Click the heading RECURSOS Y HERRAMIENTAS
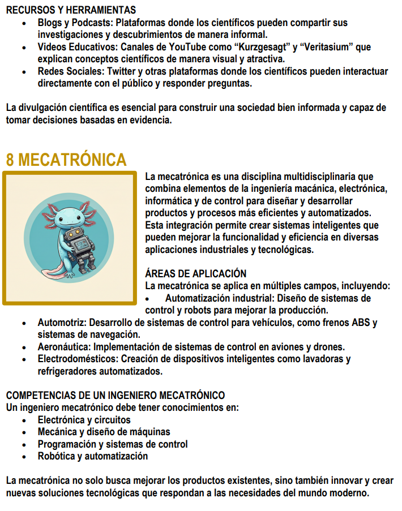(71, 10)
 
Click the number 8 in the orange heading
(10, 160)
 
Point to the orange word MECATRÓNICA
(72, 160)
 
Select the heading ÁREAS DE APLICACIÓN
(196, 274)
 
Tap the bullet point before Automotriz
(24, 323)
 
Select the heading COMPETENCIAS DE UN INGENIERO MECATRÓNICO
(116, 395)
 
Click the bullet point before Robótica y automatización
(24, 456)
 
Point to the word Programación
(64, 444)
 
